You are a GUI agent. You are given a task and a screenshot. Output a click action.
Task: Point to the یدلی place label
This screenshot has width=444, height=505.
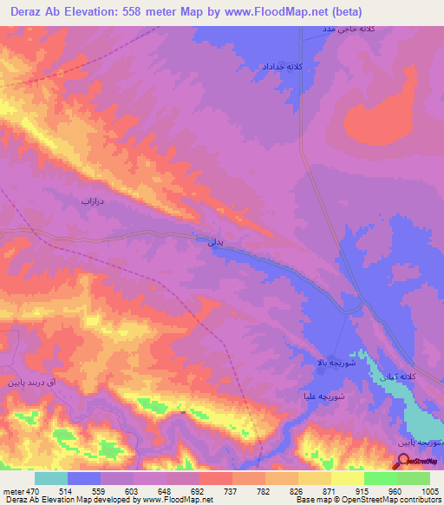pyautogui.click(x=216, y=244)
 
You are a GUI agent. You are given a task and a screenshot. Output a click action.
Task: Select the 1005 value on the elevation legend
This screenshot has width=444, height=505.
pyautogui.click(x=431, y=491)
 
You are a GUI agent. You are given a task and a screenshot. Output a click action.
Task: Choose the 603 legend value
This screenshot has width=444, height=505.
pyautogui.click(x=116, y=491)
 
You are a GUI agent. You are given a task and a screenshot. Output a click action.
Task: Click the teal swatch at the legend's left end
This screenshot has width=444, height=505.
pyautogui.click(x=51, y=478)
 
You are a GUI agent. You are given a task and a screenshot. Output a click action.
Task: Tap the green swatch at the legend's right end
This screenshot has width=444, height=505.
pyautogui.click(x=414, y=478)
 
